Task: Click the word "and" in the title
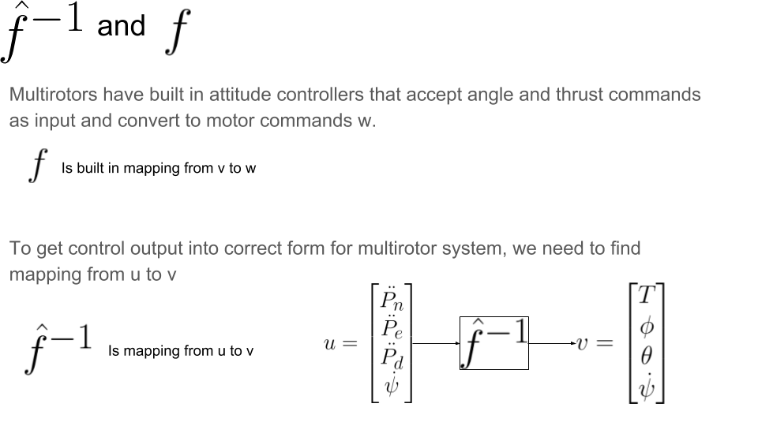click(121, 26)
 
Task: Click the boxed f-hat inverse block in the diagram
click(494, 342)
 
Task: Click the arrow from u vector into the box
click(436, 343)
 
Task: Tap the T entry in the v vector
click(647, 296)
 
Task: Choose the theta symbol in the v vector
click(647, 355)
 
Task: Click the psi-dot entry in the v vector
click(647, 385)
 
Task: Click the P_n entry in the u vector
click(391, 299)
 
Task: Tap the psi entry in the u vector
click(391, 387)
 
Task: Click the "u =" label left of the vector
click(340, 344)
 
